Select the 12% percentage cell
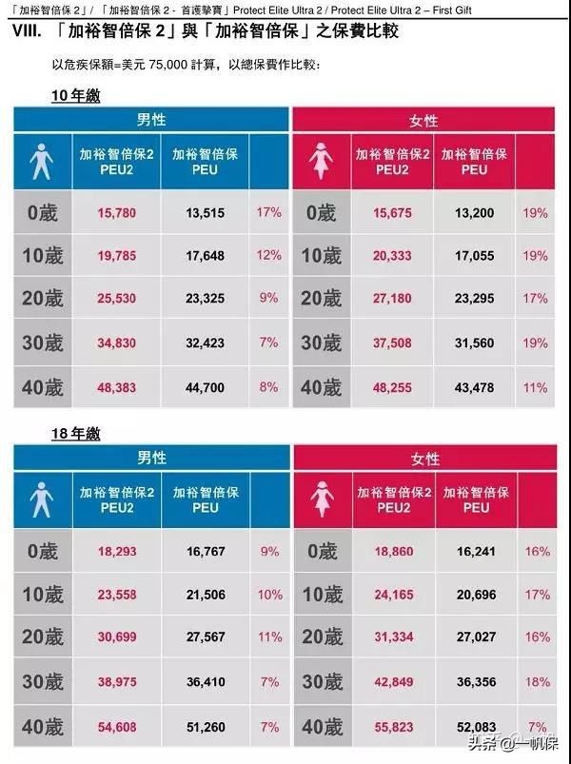(x=269, y=255)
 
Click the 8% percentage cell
(x=269, y=387)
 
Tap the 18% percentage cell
(x=537, y=682)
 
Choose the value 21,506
(x=206, y=595)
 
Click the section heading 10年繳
(x=75, y=96)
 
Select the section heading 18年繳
(x=75, y=434)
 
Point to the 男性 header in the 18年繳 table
(x=151, y=458)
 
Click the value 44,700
(x=206, y=388)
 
